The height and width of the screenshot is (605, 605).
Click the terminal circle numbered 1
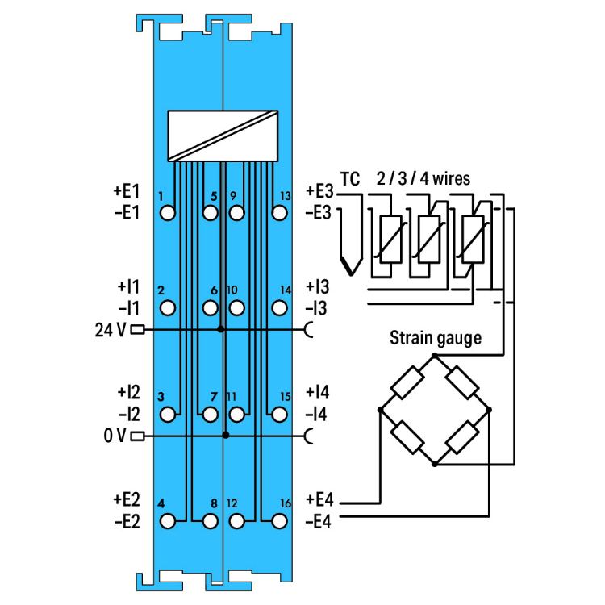[x=168, y=213]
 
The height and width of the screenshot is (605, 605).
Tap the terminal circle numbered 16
[x=279, y=521]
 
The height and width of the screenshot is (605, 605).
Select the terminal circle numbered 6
[x=210, y=308]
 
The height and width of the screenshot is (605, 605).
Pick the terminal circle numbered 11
[x=237, y=415]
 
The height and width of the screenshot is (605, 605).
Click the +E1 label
[x=126, y=190]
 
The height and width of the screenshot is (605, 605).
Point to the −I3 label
[x=316, y=308]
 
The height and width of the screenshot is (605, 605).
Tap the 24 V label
[x=111, y=330]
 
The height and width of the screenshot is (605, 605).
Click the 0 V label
[x=115, y=436]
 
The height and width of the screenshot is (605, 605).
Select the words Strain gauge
[x=436, y=338]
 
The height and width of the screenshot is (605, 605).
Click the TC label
[x=350, y=179]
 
